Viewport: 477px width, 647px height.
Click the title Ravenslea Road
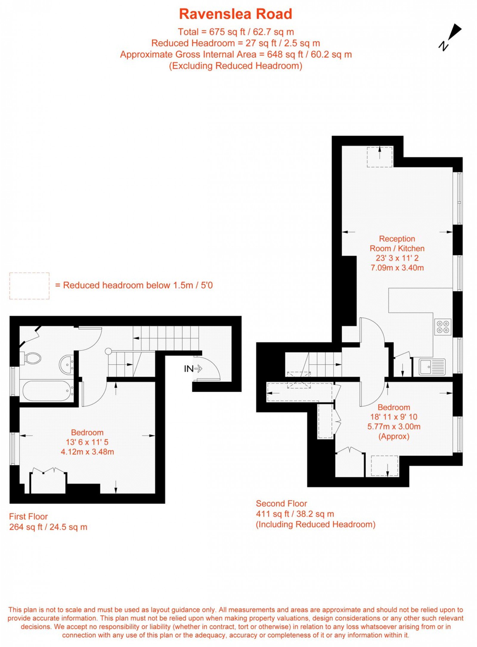pos(236,14)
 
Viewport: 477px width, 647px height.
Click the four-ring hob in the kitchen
pos(443,327)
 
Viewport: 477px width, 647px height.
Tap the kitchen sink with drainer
pos(432,367)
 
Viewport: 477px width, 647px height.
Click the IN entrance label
pos(188,369)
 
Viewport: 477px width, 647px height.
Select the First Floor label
pos(28,516)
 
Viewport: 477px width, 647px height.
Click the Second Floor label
pos(281,504)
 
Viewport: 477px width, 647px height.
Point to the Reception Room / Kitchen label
pos(397,243)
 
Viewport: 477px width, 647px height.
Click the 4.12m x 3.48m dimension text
pos(87,452)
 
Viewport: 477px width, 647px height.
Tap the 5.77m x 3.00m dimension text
pos(394,427)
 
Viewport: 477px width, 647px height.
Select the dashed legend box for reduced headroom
pos(29,286)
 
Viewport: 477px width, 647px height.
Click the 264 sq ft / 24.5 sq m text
pos(48,527)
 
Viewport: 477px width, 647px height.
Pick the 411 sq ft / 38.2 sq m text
pos(295,514)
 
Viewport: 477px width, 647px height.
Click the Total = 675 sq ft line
pos(236,32)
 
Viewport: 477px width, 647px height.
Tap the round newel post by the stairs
pos(108,351)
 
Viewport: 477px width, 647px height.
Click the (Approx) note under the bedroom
pos(394,436)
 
